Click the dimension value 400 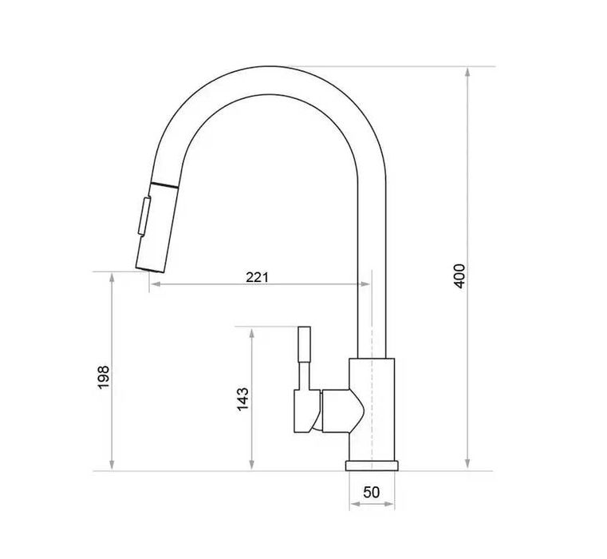click(459, 276)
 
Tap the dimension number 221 click(257, 277)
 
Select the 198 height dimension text click(104, 377)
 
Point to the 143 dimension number click(242, 399)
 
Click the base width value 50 click(371, 493)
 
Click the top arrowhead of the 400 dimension click(467, 72)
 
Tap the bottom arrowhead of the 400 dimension click(467, 463)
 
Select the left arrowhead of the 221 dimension click(155, 284)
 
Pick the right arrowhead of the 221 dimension click(365, 284)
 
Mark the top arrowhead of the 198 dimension click(112, 277)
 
